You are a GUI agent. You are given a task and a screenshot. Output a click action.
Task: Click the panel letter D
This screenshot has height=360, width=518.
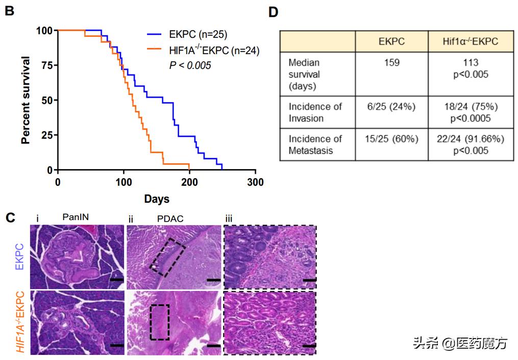pyautogui.click(x=273, y=11)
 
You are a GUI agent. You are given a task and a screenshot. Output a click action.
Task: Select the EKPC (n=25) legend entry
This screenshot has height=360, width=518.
pyautogui.click(x=198, y=35)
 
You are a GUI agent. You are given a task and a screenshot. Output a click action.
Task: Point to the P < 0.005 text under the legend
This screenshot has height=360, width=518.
pyautogui.click(x=190, y=65)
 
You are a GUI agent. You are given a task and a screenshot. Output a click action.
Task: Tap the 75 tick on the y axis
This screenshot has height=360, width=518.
pyautogui.click(x=46, y=65)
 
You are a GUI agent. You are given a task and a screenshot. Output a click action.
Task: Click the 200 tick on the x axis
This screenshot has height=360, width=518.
pyautogui.click(x=189, y=182)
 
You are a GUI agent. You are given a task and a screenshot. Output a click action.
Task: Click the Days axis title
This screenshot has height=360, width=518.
pyautogui.click(x=156, y=199)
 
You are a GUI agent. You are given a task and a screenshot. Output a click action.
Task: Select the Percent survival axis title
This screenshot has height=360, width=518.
pyautogui.click(x=26, y=100)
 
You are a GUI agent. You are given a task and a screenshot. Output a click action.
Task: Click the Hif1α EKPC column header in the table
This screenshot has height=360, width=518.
pyautogui.click(x=470, y=41)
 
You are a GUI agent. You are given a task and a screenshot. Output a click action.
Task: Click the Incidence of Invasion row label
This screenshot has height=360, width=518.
pyautogui.click(x=315, y=112)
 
